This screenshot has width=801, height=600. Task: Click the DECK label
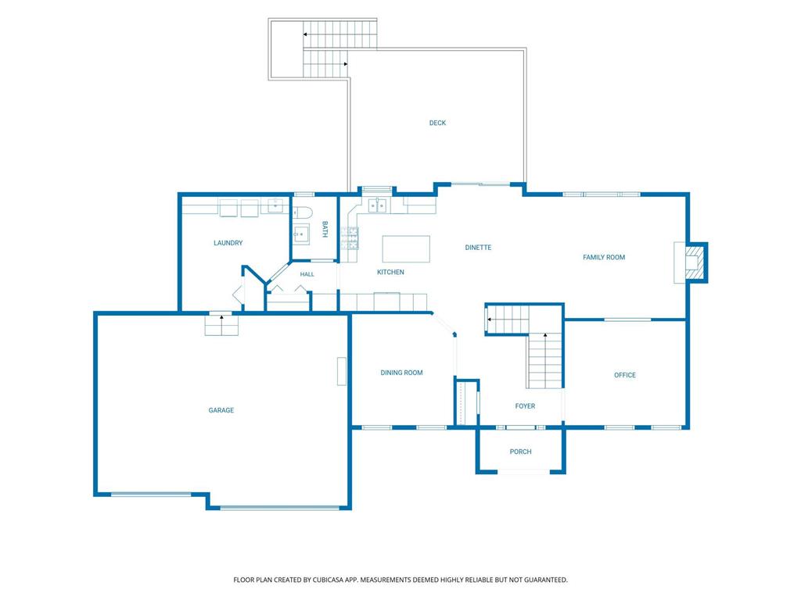437,123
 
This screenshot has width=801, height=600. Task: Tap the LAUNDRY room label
228,243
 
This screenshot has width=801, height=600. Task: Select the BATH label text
325,229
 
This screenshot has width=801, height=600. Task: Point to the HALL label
307,274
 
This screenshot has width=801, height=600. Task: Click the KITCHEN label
390,272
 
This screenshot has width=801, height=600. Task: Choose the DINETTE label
478,248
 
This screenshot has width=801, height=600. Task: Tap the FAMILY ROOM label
604,257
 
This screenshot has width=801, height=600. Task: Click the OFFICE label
625,375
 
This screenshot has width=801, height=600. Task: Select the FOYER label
525,406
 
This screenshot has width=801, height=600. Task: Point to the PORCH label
520,452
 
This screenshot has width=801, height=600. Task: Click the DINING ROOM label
401,373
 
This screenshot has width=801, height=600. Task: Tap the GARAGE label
221,410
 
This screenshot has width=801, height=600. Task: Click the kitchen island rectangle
406,248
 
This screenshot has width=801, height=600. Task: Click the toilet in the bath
302,212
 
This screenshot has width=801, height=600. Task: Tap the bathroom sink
301,234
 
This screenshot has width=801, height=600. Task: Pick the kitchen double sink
378,205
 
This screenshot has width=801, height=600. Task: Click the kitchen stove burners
350,238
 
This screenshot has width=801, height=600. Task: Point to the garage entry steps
221,325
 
